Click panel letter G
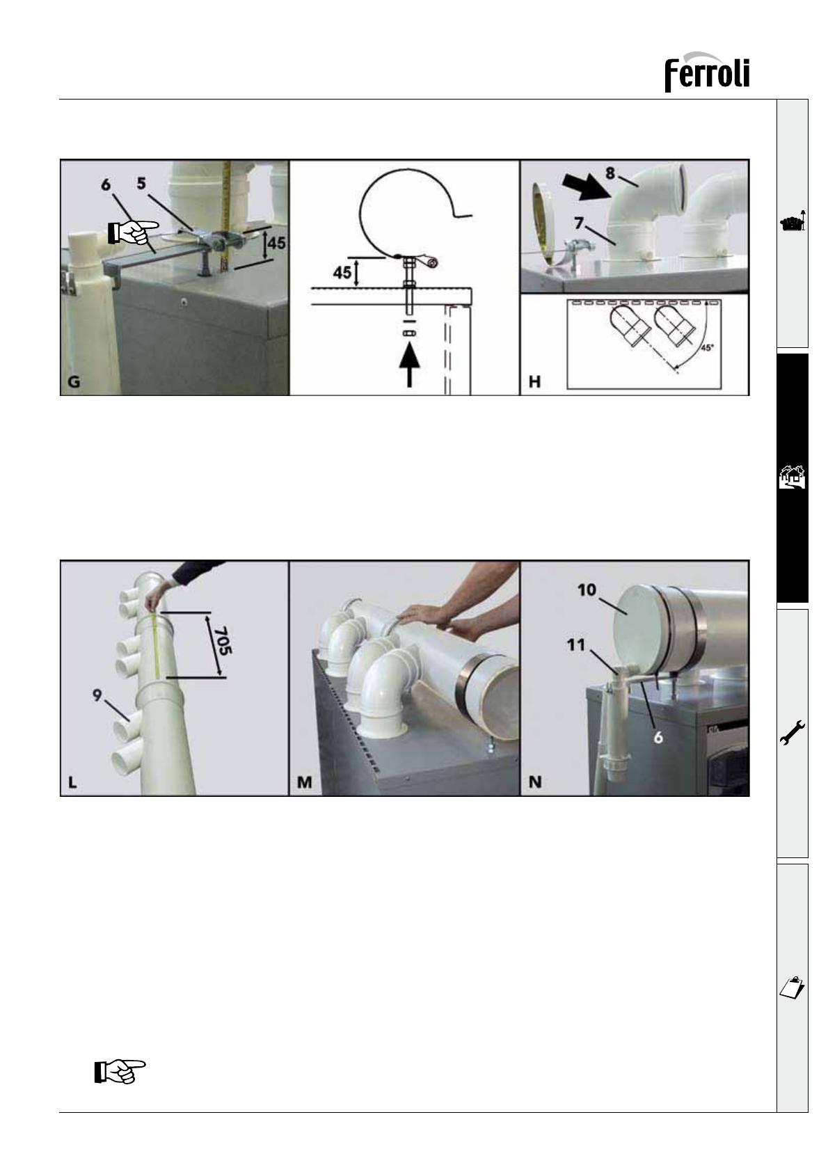(74, 381)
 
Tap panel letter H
(534, 381)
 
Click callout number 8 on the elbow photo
(610, 173)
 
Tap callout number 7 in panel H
(578, 223)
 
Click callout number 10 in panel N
(587, 590)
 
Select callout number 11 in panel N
(575, 645)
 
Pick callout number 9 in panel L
(97, 695)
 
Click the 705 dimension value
(223, 640)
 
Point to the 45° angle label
(707, 348)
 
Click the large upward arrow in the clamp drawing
(409, 367)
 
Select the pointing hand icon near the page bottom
(120, 1072)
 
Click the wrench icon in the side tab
(792, 732)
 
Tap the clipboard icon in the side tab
(792, 988)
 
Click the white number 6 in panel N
(658, 737)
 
